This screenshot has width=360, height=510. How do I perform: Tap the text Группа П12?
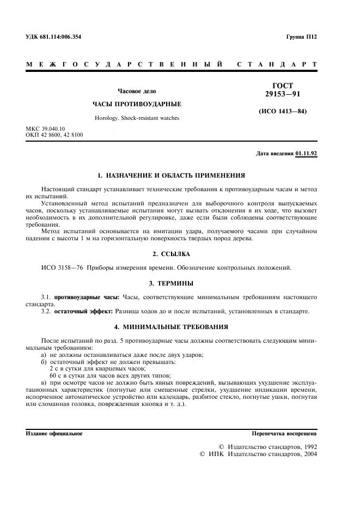pos(301,37)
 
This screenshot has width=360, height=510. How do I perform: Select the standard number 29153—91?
pos(282,94)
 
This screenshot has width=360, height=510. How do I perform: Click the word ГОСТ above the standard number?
pos(282,86)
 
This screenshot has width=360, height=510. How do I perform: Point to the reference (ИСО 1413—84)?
pos(283,112)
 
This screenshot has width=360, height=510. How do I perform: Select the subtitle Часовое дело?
pos(137,91)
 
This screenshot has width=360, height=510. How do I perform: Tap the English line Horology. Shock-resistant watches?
pos(137,118)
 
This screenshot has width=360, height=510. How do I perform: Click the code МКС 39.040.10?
pos(48,129)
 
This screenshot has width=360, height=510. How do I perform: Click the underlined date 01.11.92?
pos(306,154)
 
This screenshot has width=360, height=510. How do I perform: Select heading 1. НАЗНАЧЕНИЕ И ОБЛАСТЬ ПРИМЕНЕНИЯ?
pos(170,175)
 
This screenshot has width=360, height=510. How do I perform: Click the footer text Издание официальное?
pos(54,434)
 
